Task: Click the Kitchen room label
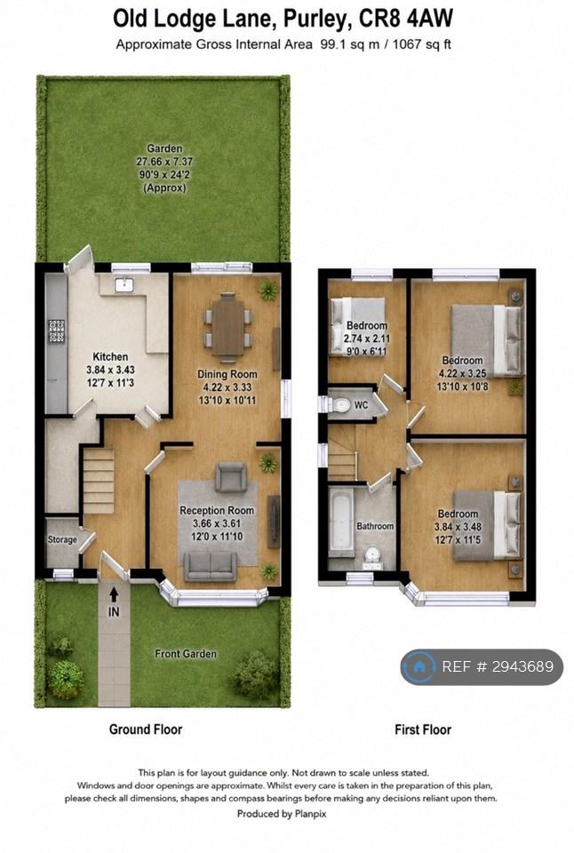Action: [110, 357]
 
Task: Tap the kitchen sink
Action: [124, 284]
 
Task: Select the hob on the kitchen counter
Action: [57, 331]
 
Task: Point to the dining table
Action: [228, 328]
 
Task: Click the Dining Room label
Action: [227, 374]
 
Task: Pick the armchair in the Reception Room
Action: [231, 478]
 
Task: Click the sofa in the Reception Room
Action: [210, 566]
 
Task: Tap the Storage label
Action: [62, 539]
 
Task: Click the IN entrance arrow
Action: [114, 594]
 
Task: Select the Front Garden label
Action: [186, 654]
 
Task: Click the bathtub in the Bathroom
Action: [341, 522]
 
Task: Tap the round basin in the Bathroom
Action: [372, 554]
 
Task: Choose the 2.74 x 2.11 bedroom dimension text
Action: [367, 339]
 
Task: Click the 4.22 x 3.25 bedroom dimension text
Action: [462, 374]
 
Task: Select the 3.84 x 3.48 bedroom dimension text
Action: [458, 527]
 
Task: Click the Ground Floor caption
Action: [145, 729]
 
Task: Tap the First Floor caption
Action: [423, 729]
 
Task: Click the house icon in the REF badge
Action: [419, 666]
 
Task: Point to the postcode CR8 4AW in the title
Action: [405, 19]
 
